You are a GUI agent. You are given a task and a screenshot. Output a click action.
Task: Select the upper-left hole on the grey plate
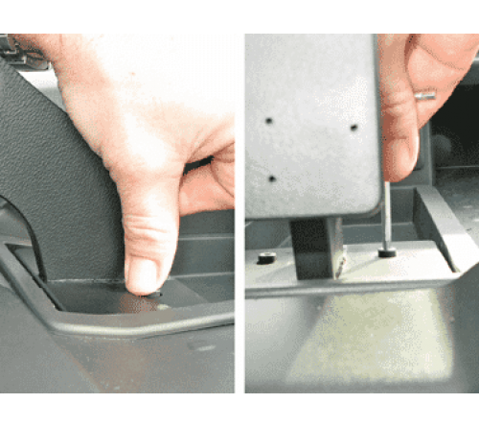(269, 122)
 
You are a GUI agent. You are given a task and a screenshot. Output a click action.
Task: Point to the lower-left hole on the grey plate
(271, 178)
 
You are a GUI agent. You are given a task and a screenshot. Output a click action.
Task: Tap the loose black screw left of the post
(266, 257)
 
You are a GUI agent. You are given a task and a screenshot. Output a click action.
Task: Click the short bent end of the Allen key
(425, 95)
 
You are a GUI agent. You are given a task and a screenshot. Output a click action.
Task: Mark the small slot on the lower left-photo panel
(202, 347)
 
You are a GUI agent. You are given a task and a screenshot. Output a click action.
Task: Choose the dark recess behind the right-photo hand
(455, 144)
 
